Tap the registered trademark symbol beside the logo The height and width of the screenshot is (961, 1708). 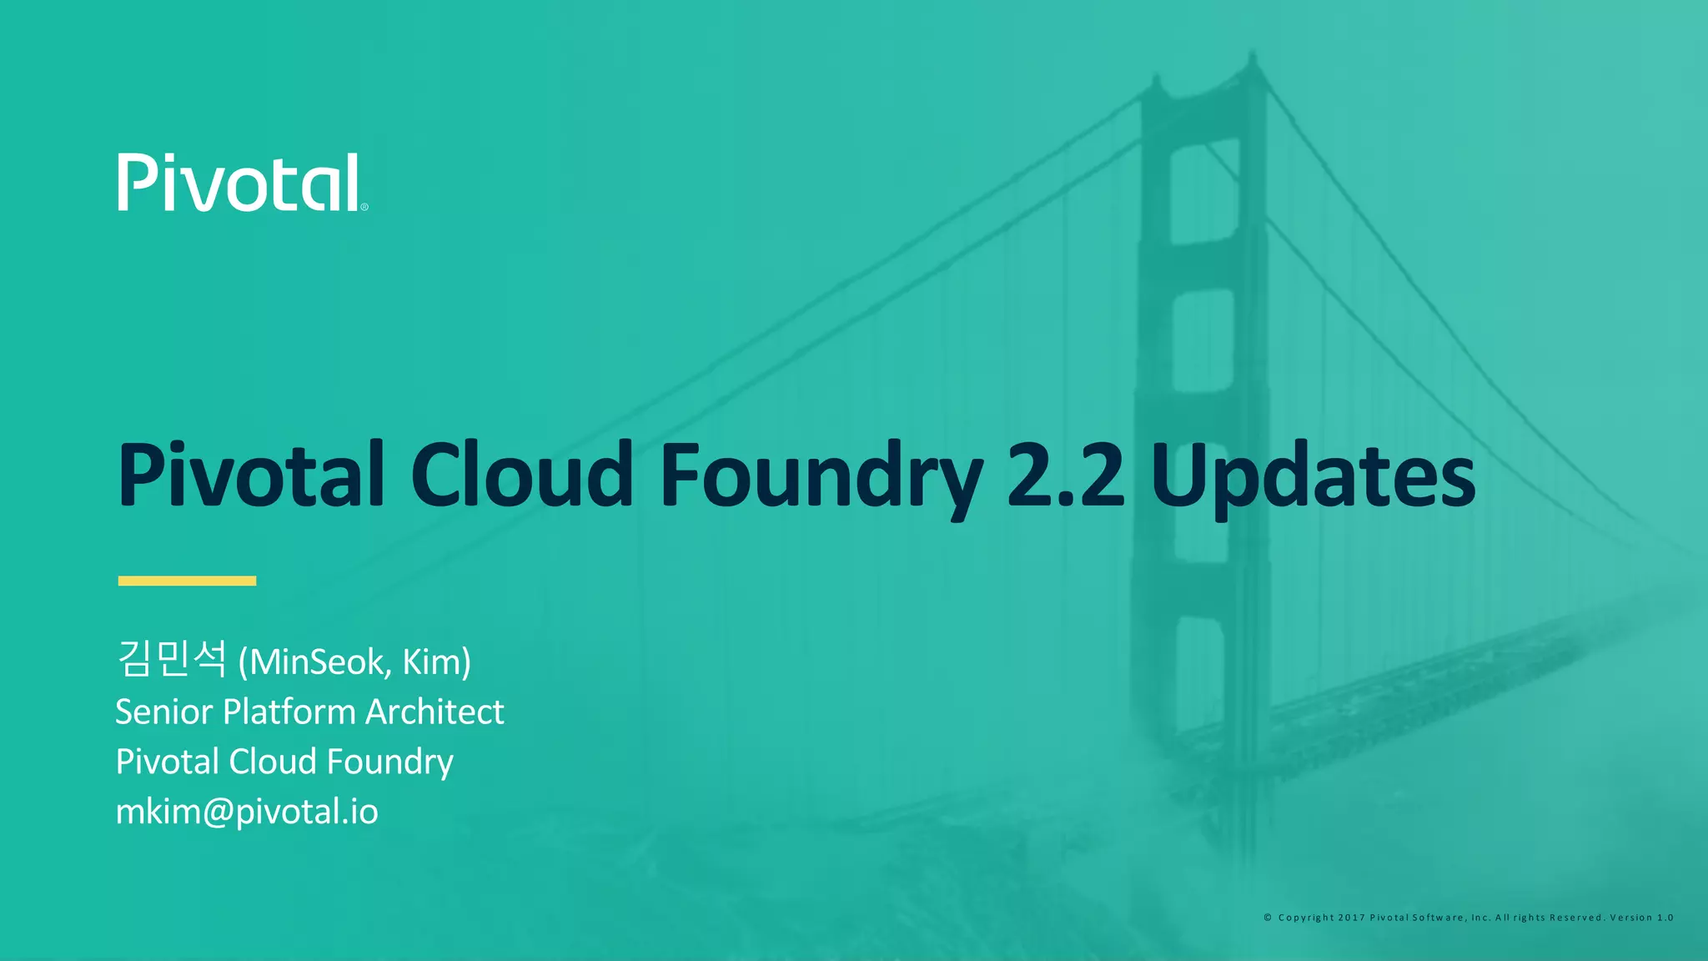(364, 207)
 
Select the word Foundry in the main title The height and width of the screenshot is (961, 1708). (821, 475)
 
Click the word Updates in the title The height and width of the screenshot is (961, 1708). (1313, 475)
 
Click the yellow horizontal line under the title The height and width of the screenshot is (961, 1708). (187, 581)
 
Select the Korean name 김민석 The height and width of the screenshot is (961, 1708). (172, 659)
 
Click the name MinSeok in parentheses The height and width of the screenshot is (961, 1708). (316, 662)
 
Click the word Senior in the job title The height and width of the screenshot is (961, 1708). (164, 712)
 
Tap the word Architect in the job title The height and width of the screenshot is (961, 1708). (435, 712)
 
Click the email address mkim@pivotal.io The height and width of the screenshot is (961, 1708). (247, 812)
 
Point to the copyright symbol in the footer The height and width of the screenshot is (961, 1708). (1268, 918)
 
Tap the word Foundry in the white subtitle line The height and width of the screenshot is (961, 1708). (389, 762)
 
